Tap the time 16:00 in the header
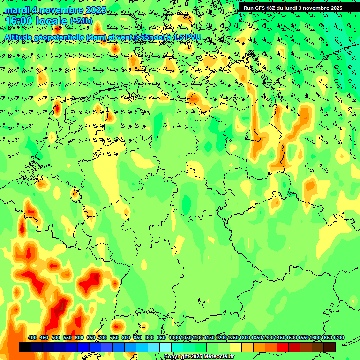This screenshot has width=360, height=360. point(21,22)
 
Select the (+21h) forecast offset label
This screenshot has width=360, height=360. point(81,22)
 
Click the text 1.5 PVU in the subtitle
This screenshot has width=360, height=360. point(187,37)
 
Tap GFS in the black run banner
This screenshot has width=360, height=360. point(260,8)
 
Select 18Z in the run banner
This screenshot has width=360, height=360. point(273,8)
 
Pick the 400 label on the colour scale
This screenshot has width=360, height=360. point(32,338)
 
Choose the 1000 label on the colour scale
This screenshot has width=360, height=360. point(174,338)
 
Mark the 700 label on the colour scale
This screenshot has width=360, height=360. point(103,338)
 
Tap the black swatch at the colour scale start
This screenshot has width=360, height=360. point(25,347)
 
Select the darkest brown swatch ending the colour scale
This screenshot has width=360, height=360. point(330,347)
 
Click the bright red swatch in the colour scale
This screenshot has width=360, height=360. point(283,347)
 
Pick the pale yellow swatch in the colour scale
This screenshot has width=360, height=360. point(236,347)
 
